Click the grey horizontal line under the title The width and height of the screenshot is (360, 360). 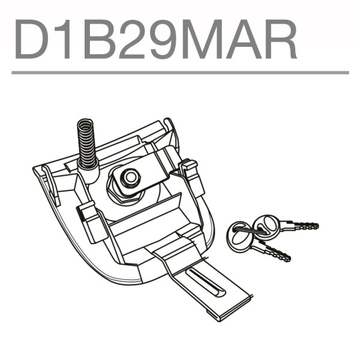point(180,73)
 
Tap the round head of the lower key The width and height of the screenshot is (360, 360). point(239,236)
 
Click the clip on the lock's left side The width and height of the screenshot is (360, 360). point(92,219)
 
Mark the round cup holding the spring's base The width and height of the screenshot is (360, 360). point(89,175)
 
